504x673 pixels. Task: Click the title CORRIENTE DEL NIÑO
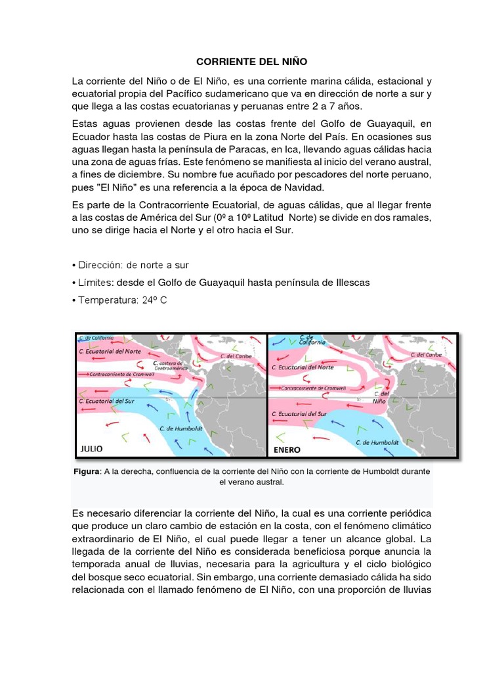(x=252, y=62)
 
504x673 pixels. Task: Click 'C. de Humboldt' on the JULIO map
(x=181, y=428)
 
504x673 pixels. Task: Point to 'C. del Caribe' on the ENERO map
(x=426, y=355)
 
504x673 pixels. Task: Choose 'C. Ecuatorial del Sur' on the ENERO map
(x=303, y=414)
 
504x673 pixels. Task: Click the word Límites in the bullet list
(x=94, y=282)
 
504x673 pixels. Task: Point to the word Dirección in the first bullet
(x=100, y=265)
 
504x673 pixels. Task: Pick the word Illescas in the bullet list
(x=350, y=282)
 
